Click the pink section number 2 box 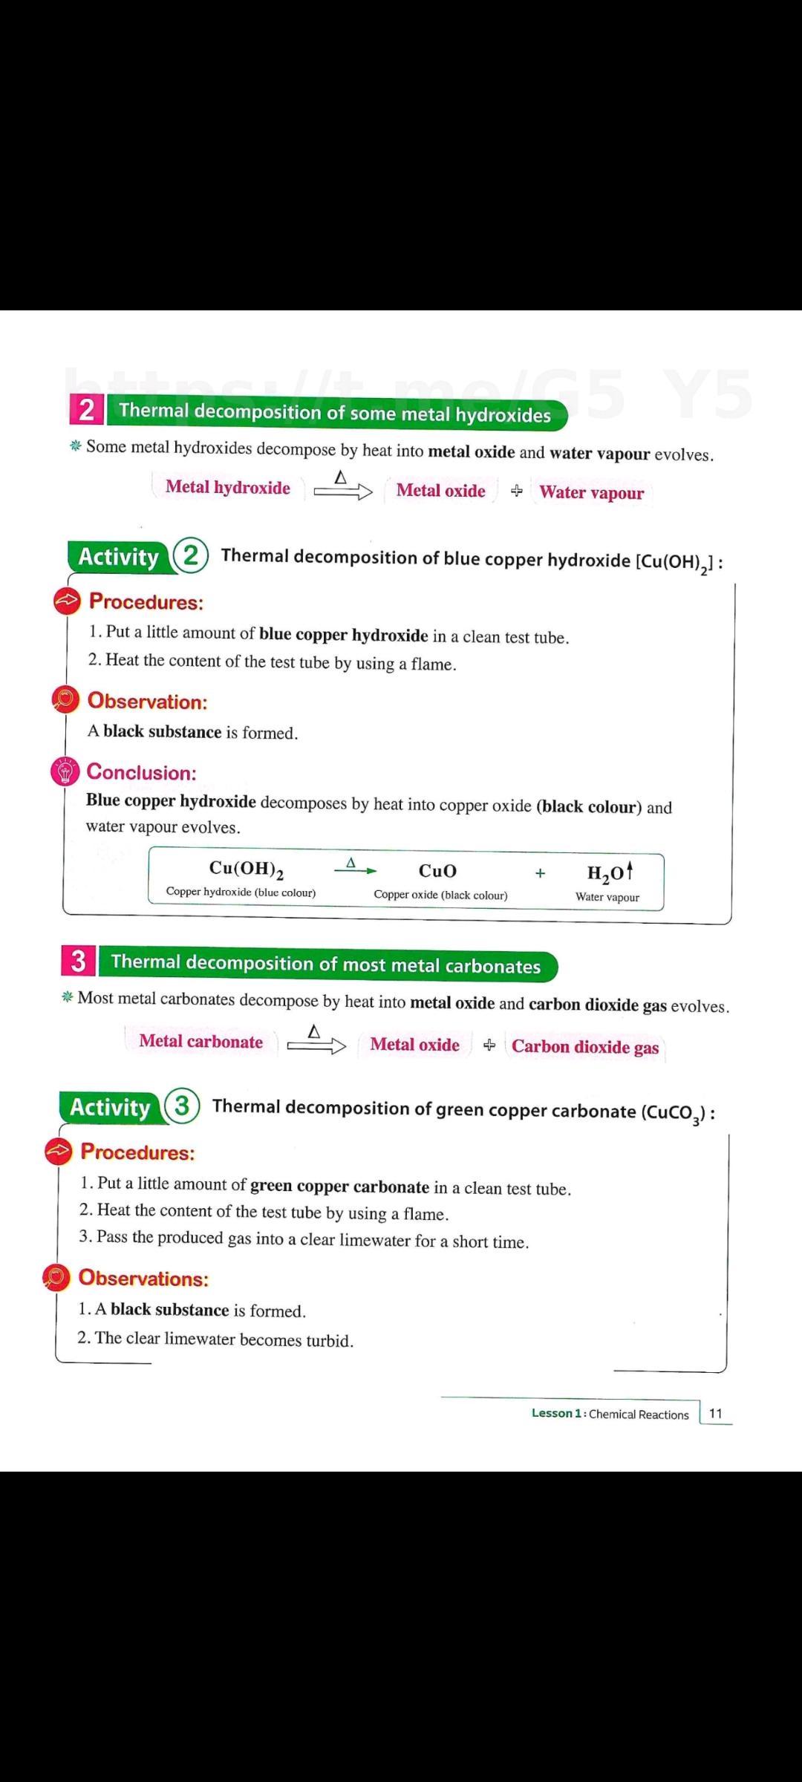pyautogui.click(x=87, y=409)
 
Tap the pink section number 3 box pyautogui.click(x=79, y=961)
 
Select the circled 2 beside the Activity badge pyautogui.click(x=191, y=555)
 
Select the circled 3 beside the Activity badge pyautogui.click(x=182, y=1106)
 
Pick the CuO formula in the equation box pyautogui.click(x=437, y=871)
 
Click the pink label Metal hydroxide pyautogui.click(x=228, y=487)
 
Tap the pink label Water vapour pyautogui.click(x=592, y=492)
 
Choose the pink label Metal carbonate pyautogui.click(x=201, y=1041)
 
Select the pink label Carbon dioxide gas pyautogui.click(x=585, y=1047)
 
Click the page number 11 pyautogui.click(x=715, y=1413)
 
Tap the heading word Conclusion pyautogui.click(x=142, y=772)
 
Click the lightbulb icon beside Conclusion pyautogui.click(x=65, y=771)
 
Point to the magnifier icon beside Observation pyautogui.click(x=65, y=699)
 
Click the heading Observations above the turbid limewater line pyautogui.click(x=143, y=1278)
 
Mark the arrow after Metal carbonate pyautogui.click(x=316, y=1042)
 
